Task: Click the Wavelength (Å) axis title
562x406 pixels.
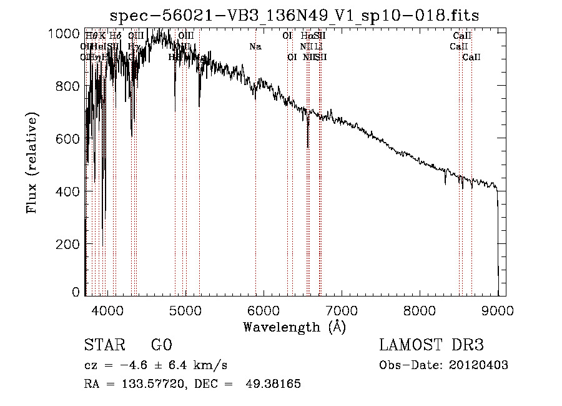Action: tap(294, 327)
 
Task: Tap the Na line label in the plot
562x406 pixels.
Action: tap(255, 46)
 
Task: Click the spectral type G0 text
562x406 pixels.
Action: tap(161, 345)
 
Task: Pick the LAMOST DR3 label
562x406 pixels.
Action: tap(431, 345)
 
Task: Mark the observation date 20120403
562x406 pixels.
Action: tap(479, 365)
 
